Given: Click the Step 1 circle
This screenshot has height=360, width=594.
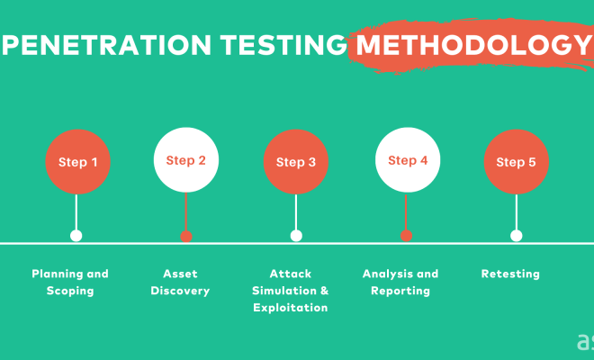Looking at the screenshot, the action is [x=77, y=162].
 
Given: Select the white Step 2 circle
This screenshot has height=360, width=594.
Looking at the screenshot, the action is [x=186, y=160].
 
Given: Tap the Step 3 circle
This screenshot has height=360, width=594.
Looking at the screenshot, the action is [x=296, y=162].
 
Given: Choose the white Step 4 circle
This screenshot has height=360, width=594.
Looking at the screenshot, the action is [x=408, y=160].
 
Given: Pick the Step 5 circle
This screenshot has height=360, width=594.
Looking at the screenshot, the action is [x=516, y=162].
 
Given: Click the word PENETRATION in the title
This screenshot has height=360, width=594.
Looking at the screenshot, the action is [x=106, y=45].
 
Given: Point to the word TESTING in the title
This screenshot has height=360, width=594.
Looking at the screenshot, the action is [x=283, y=45].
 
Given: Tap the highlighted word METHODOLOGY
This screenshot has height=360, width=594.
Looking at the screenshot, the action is [x=473, y=45].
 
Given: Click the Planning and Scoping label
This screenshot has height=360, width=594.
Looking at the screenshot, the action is [x=70, y=283].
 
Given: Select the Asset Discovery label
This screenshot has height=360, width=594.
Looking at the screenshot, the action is [x=180, y=283].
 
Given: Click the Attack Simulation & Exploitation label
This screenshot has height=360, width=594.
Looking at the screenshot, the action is [x=290, y=291].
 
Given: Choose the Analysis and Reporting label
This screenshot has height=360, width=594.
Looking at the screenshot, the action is [x=400, y=283].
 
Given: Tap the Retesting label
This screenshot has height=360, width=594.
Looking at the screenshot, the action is [x=510, y=274].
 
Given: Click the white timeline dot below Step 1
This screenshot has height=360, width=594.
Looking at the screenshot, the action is [x=76, y=236].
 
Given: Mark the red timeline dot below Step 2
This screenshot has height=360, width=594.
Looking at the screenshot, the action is [x=186, y=236].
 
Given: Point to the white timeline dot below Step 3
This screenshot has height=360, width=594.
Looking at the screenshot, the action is [x=296, y=236].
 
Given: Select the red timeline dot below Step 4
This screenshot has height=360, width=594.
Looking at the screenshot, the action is [x=406, y=236].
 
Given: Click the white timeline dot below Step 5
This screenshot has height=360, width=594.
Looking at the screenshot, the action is [x=517, y=236].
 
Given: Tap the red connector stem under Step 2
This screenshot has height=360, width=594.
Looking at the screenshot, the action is [x=185, y=211].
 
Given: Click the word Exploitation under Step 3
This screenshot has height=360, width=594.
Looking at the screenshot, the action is [x=290, y=308].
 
